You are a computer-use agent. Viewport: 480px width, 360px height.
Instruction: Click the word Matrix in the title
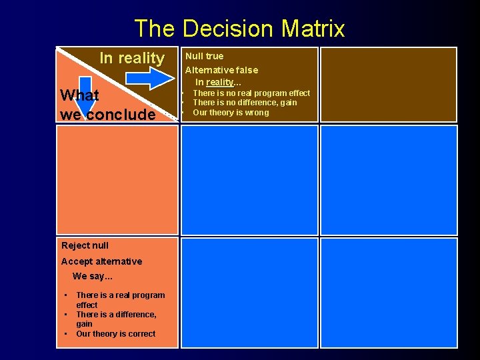point(313,29)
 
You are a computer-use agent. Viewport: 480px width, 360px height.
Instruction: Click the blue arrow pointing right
point(149,78)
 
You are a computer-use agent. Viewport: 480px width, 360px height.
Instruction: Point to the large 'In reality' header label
point(131,58)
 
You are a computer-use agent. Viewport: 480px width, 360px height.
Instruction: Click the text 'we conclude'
point(107,114)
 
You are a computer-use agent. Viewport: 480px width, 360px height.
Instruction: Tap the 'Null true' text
point(204,56)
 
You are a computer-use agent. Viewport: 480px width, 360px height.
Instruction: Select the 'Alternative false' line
point(221,70)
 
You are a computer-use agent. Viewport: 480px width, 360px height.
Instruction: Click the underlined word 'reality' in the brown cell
point(220,82)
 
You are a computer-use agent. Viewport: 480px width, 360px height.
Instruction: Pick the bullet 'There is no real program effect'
point(251,93)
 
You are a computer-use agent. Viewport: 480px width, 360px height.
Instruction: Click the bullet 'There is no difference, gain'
point(245,103)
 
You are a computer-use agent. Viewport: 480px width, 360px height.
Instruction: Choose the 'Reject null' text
point(85,245)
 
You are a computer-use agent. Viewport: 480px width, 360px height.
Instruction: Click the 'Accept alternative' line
point(101,261)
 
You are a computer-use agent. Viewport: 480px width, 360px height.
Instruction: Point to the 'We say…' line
point(93,276)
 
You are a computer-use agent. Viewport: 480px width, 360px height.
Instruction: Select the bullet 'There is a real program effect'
point(120,300)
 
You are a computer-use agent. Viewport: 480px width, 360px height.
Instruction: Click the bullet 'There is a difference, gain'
point(116,319)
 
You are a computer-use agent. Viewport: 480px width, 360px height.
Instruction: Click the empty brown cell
point(389,84)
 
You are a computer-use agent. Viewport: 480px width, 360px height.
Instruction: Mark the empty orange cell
point(117,180)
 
